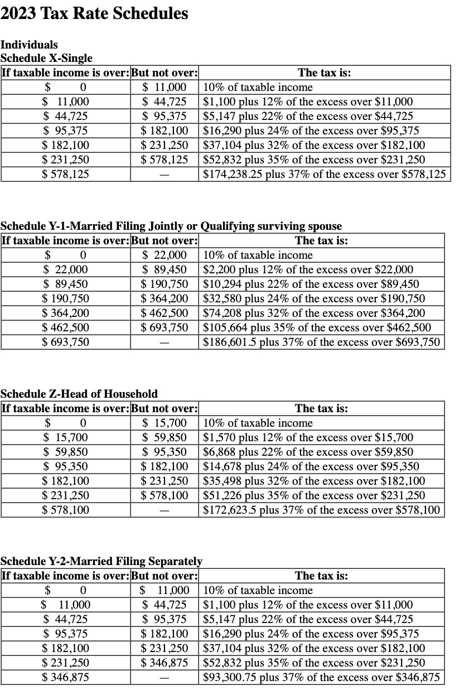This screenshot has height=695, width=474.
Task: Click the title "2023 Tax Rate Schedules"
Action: pos(94,13)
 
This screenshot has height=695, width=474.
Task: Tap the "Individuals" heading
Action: pos(29,45)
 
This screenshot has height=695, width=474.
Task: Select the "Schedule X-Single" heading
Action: pos(46,58)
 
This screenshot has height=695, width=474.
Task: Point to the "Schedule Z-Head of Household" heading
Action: pos(79,394)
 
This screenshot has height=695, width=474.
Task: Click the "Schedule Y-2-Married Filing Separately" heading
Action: pos(101,561)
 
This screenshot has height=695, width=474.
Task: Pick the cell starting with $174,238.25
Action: pos(324,174)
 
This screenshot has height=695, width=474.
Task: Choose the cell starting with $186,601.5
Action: pos(321,342)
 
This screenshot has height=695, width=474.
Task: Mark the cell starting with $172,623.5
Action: pos(321,510)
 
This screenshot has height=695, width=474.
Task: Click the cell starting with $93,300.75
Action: pos(321,678)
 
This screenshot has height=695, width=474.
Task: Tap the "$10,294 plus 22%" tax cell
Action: pos(311,284)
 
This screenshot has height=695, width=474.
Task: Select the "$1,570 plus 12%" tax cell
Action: pos(308,437)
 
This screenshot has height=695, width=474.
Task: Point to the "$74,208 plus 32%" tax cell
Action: pos(313,313)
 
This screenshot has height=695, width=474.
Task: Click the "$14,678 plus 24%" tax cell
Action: pos(311,466)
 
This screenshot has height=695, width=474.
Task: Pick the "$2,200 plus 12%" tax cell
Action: pos(308,269)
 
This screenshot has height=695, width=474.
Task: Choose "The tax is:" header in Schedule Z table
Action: pos(321,408)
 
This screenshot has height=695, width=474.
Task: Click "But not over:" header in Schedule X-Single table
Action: pos(165,73)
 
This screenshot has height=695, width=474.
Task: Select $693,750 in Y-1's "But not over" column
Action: pos(165,327)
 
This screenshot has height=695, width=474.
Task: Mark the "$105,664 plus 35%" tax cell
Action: pos(316,327)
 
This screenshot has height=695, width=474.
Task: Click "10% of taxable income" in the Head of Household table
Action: pos(258,423)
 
